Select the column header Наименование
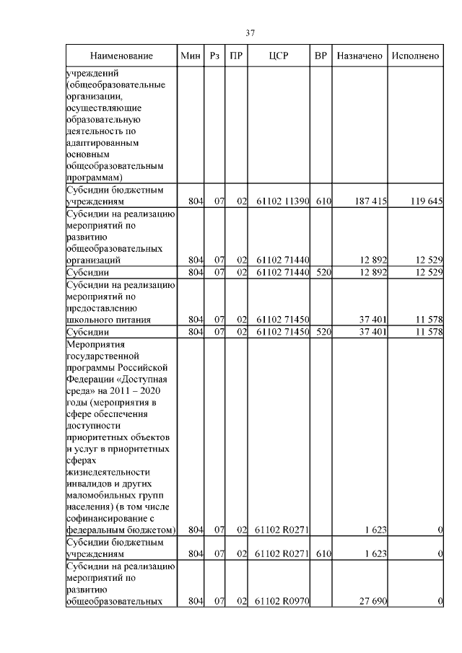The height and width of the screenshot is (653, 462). pos(122,56)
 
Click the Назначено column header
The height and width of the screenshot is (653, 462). pos(359,56)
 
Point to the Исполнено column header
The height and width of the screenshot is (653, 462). pos(415,56)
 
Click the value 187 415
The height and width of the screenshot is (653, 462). pos(369,201)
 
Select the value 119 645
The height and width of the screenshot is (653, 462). pos(424,201)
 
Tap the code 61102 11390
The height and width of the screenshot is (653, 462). pos(282,201)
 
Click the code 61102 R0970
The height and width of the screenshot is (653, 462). pos(282,601)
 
